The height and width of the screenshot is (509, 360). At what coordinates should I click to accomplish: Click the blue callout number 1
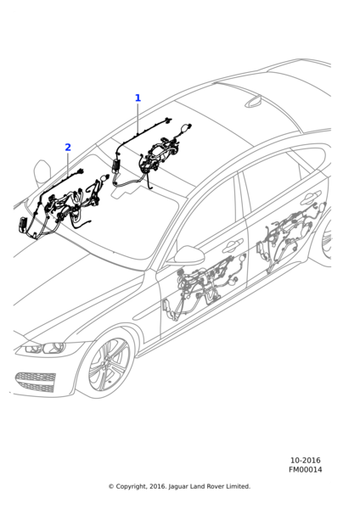coord(138,98)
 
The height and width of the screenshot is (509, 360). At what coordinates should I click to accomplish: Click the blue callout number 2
coord(68,147)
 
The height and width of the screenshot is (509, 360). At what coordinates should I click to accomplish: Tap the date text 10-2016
coord(305,461)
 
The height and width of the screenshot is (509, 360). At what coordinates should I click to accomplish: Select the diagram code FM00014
coord(306,469)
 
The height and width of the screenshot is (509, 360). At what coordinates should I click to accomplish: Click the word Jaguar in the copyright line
coord(178,487)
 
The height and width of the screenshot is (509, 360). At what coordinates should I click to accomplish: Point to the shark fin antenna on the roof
coord(253,102)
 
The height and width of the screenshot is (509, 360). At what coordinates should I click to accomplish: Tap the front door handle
coord(233,245)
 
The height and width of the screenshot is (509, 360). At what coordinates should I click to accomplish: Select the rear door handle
coord(312,198)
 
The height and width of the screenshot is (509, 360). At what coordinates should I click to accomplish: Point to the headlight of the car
coord(46,348)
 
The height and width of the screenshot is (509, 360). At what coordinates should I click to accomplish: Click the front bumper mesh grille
coord(35,383)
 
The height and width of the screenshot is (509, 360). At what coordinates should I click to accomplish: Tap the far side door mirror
coord(42,173)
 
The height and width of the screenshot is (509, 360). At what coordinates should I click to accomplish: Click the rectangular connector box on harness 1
coord(116,167)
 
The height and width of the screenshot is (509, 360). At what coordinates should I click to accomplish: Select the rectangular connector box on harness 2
coord(23,225)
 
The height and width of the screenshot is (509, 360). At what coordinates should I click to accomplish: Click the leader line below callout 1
coord(138,119)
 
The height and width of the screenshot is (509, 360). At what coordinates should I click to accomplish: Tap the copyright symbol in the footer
coord(111,487)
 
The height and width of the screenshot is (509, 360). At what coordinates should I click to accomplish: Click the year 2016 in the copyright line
coord(159,487)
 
